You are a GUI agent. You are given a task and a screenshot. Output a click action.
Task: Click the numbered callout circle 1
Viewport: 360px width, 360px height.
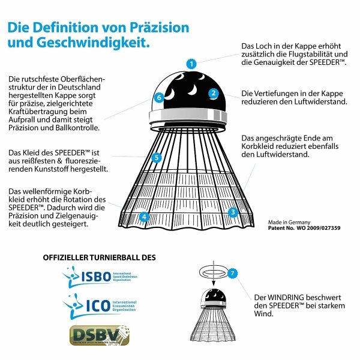pyautogui.click(x=191, y=63)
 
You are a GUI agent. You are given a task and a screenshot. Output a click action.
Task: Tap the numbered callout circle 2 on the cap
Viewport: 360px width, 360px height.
pyautogui.click(x=213, y=93)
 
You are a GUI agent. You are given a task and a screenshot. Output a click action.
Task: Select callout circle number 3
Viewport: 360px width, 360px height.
pyautogui.click(x=233, y=212)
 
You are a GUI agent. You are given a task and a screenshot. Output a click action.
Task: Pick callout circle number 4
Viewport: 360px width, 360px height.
pyautogui.click(x=144, y=217)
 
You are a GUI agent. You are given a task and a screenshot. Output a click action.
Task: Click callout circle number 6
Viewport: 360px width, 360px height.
pyautogui.click(x=159, y=97)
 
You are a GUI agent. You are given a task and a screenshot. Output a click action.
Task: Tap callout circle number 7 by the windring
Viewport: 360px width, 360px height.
pyautogui.click(x=233, y=273)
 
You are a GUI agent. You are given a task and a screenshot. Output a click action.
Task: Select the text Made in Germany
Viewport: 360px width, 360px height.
pyautogui.click(x=290, y=221)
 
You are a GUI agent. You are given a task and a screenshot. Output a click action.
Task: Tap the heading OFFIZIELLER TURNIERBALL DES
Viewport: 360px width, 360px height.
pyautogui.click(x=99, y=257)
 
